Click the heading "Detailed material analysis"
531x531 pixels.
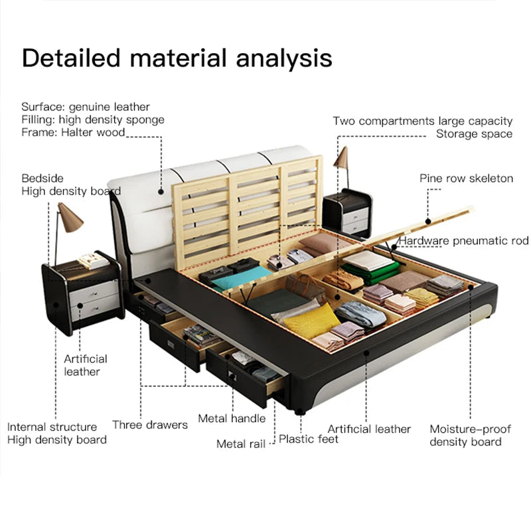[x=177, y=58]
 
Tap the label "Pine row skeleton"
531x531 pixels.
[x=466, y=179]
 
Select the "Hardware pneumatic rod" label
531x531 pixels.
[x=464, y=240]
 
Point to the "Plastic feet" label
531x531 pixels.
[x=308, y=439]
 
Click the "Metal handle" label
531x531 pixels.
[x=232, y=418]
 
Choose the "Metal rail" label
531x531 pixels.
[x=240, y=443]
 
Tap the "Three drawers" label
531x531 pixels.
[x=150, y=425]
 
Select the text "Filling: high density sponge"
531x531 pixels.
[x=92, y=119]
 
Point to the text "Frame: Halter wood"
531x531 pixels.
[x=73, y=133]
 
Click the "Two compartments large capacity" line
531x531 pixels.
[x=422, y=121]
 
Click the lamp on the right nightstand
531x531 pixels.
[x=342, y=159]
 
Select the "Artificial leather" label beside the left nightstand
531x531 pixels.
[x=86, y=365]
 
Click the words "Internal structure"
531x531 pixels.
[x=52, y=427]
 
